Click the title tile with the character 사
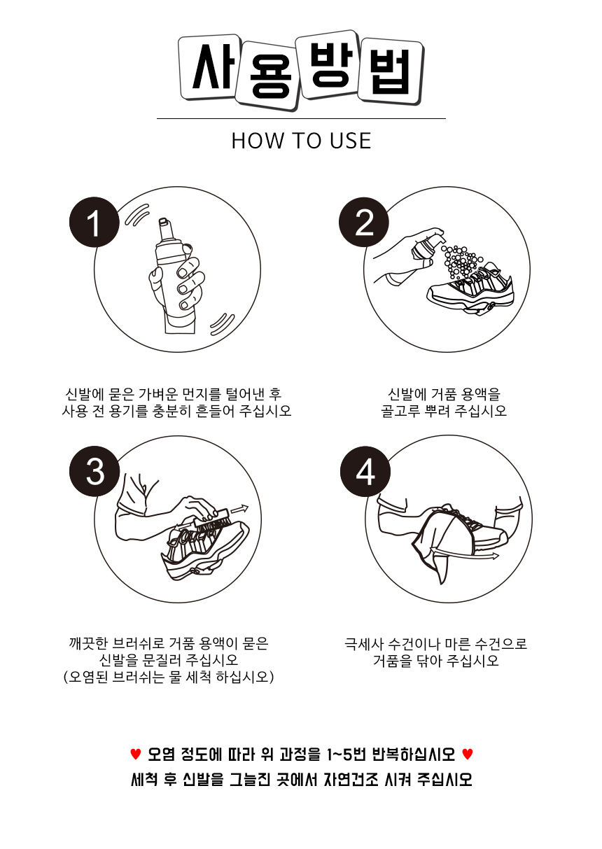click(209, 67)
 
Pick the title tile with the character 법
click(391, 71)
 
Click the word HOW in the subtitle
click(258, 141)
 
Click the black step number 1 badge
click(94, 222)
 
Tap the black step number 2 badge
click(364, 222)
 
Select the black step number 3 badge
click(94, 471)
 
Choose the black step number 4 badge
click(365, 471)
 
